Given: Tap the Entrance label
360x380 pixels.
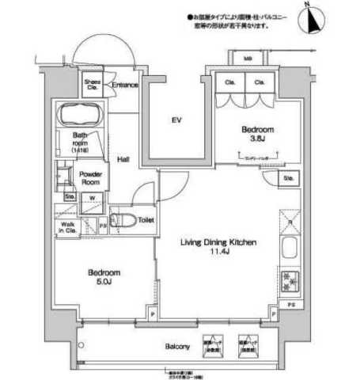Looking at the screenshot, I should (x=126, y=85).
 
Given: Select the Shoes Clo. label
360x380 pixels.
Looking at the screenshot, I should (x=91, y=84).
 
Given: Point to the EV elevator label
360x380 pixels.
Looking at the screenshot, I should (x=178, y=120).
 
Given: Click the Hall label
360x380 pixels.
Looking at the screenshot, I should (x=124, y=158).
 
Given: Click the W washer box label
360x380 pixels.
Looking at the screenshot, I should (x=92, y=198).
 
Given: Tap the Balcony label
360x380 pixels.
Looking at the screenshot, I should (x=176, y=348).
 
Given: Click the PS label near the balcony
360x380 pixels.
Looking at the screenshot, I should (x=291, y=305).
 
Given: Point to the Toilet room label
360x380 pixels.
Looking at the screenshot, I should (x=146, y=221).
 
